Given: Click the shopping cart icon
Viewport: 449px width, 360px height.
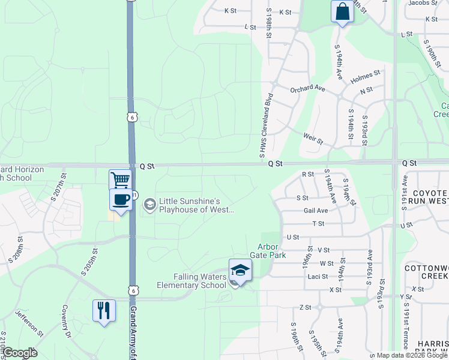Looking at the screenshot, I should (120, 179).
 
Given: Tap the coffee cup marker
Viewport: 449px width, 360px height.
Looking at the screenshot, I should (120, 199).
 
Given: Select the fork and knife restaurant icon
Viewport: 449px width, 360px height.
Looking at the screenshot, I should (104, 310).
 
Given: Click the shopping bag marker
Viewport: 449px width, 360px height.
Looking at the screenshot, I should (342, 11).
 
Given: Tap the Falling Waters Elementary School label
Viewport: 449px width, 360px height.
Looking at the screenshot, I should (191, 281).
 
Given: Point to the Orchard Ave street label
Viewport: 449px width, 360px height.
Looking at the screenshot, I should (307, 89).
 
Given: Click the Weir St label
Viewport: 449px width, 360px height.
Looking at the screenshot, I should (313, 139).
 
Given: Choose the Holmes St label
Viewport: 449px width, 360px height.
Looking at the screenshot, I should (366, 76).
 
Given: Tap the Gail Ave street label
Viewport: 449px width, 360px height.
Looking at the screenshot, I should (316, 211).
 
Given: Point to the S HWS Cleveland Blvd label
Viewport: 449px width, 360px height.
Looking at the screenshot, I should (265, 125).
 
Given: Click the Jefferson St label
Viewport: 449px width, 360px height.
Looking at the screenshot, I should (29, 323).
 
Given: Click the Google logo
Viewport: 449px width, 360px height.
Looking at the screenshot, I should (20, 353).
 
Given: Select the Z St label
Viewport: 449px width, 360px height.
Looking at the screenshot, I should (305, 307).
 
